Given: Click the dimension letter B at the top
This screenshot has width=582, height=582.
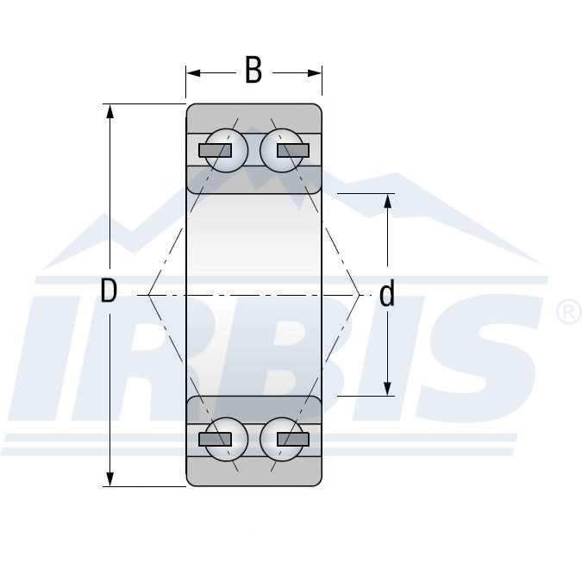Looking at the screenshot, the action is click(253, 70).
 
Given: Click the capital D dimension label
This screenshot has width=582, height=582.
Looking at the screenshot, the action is click(109, 291).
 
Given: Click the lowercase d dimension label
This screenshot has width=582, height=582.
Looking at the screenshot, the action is click(387, 293).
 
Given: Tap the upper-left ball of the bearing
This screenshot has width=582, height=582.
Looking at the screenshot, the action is click(227, 150).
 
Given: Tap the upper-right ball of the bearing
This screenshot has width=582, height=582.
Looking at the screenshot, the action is click(281, 150).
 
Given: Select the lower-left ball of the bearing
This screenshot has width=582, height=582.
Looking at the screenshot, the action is click(227, 439).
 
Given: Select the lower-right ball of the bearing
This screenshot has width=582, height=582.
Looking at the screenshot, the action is click(281, 439).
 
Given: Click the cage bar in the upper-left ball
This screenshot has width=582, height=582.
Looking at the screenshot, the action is click(216, 150).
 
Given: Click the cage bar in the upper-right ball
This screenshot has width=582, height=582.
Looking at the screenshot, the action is click(293, 150).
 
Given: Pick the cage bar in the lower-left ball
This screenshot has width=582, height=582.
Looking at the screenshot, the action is click(216, 439).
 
